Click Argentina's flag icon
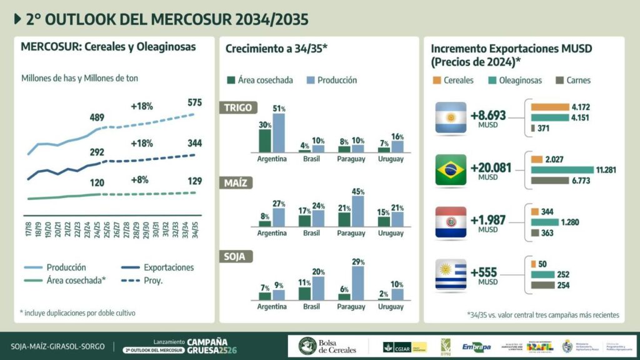pos(451,117)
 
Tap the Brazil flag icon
pos(451,169)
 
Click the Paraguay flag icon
pos(451,221)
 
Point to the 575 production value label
pos(194,103)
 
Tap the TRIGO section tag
pos(238,107)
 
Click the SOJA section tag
pos(237,256)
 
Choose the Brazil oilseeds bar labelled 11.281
pos(562,169)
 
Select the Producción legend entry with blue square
pos(332,80)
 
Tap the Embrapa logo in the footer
pos(476,346)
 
